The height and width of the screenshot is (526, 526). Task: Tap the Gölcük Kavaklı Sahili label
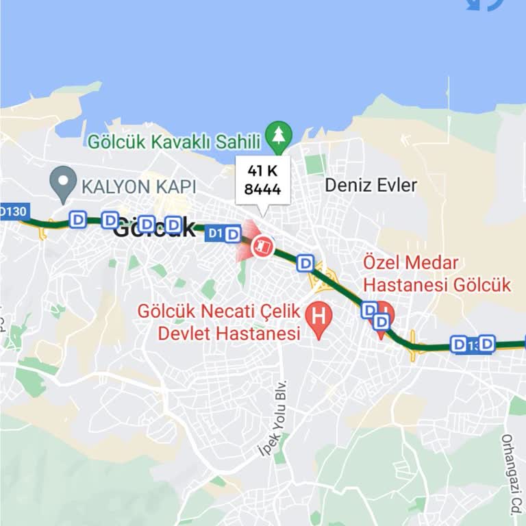click(175, 142)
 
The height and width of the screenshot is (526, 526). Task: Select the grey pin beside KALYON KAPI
click(64, 184)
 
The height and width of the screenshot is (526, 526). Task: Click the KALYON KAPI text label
click(139, 186)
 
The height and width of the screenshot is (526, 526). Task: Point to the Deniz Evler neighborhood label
click(371, 185)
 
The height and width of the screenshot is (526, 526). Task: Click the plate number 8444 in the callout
click(262, 189)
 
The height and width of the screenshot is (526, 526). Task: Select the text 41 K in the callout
click(262, 171)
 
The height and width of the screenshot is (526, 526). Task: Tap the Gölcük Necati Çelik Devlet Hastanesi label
click(219, 323)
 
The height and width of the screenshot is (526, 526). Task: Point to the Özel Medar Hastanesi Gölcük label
click(437, 273)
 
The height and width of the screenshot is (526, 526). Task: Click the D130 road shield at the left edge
click(13, 211)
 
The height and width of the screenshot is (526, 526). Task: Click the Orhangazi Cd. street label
click(510, 473)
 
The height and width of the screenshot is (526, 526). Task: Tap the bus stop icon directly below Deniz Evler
click(305, 262)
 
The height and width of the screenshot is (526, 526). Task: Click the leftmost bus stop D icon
click(77, 219)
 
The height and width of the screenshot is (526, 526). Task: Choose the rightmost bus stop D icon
click(486, 343)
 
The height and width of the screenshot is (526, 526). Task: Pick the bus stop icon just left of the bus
click(233, 234)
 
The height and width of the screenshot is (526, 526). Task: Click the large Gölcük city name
click(154, 228)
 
